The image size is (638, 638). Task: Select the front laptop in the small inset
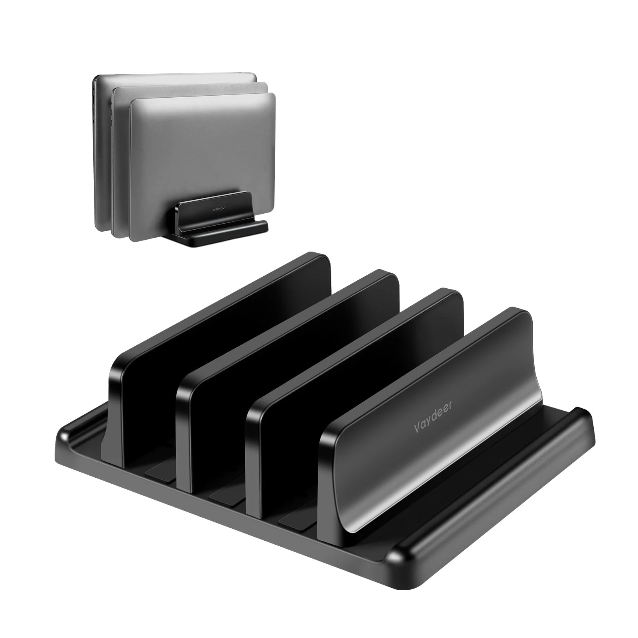(x=203, y=159)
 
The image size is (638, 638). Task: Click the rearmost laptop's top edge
(x=175, y=74)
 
